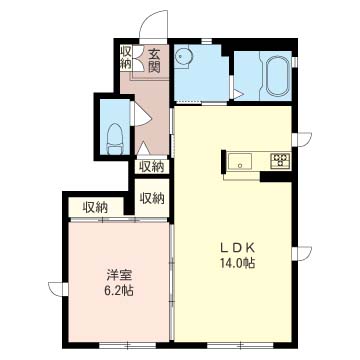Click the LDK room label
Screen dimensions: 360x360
[238, 248]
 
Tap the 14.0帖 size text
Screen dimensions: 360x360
[237, 263]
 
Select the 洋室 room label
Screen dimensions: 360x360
[119, 276]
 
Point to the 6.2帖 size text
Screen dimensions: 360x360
[119, 291]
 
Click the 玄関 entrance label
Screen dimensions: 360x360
[154, 61]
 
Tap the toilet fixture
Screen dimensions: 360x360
[114, 139]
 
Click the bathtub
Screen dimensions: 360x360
[277, 76]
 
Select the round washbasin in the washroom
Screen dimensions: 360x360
[182, 58]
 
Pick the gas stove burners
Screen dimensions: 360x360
[280, 160]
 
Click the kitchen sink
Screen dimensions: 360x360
[240, 162]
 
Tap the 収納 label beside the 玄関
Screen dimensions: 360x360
[126, 58]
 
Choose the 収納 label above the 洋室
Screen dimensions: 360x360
[96, 208]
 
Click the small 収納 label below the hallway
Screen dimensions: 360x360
[152, 167]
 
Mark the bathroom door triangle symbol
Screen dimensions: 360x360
[238, 94]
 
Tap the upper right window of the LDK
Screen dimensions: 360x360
[302, 139]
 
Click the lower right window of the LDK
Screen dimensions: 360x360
[302, 253]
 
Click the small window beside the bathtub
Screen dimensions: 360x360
[295, 62]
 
